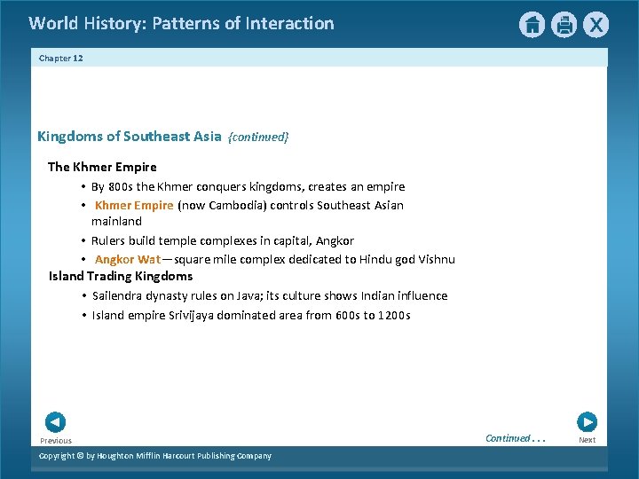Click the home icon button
coord(532,25)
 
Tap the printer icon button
coord(564,25)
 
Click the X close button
coord(596,25)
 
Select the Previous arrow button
coord(55,422)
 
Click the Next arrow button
coord(587,422)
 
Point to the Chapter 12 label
coord(60,58)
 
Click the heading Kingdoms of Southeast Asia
coord(129,136)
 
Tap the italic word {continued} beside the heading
coord(258,137)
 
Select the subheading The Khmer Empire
coord(102,167)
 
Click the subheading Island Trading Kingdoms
coord(121,276)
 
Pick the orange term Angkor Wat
coord(128,260)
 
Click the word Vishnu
coord(435,260)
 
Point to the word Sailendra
coord(119,295)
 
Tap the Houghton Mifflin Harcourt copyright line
coord(155,456)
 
